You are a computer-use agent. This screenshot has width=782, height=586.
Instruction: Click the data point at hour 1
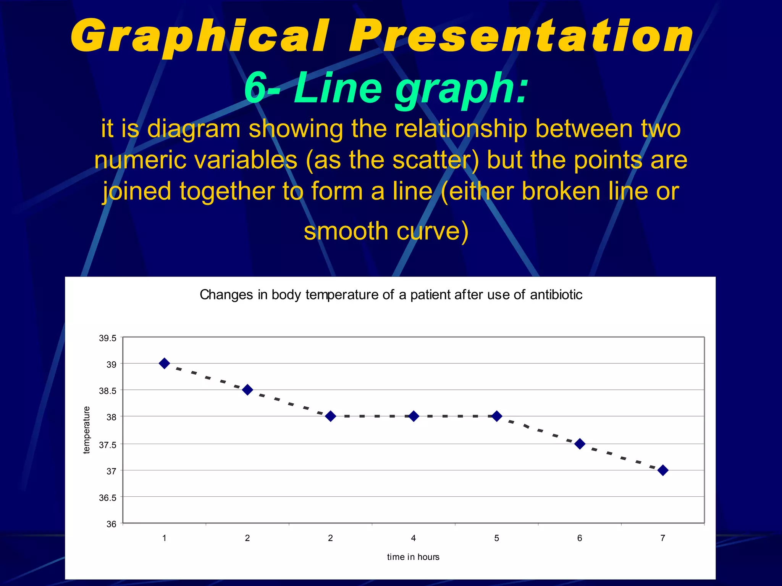pos(164,363)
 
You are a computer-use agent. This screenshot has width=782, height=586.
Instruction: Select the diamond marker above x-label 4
pos(414,416)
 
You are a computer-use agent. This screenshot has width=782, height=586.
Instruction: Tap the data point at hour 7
pos(663,470)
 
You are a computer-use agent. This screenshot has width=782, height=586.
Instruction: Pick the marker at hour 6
pos(580,444)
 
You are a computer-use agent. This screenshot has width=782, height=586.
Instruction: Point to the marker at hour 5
pos(496,416)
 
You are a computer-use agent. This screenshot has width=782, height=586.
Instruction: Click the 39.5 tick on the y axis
pos(108,338)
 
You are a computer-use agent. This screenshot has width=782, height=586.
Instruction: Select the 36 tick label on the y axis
pos(111,524)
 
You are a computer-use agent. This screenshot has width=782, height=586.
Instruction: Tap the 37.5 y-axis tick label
pos(108,445)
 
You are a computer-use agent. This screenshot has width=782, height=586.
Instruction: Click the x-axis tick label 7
pos(663,538)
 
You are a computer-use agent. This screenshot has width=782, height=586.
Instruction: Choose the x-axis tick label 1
pos(164,538)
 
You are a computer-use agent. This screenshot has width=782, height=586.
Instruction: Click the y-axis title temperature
pos(87,430)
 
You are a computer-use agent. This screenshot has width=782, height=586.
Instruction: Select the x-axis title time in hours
pos(413,557)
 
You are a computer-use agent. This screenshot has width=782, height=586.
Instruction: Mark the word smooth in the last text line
pos(346,231)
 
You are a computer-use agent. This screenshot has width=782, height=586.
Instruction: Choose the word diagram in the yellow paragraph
pos(194,129)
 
